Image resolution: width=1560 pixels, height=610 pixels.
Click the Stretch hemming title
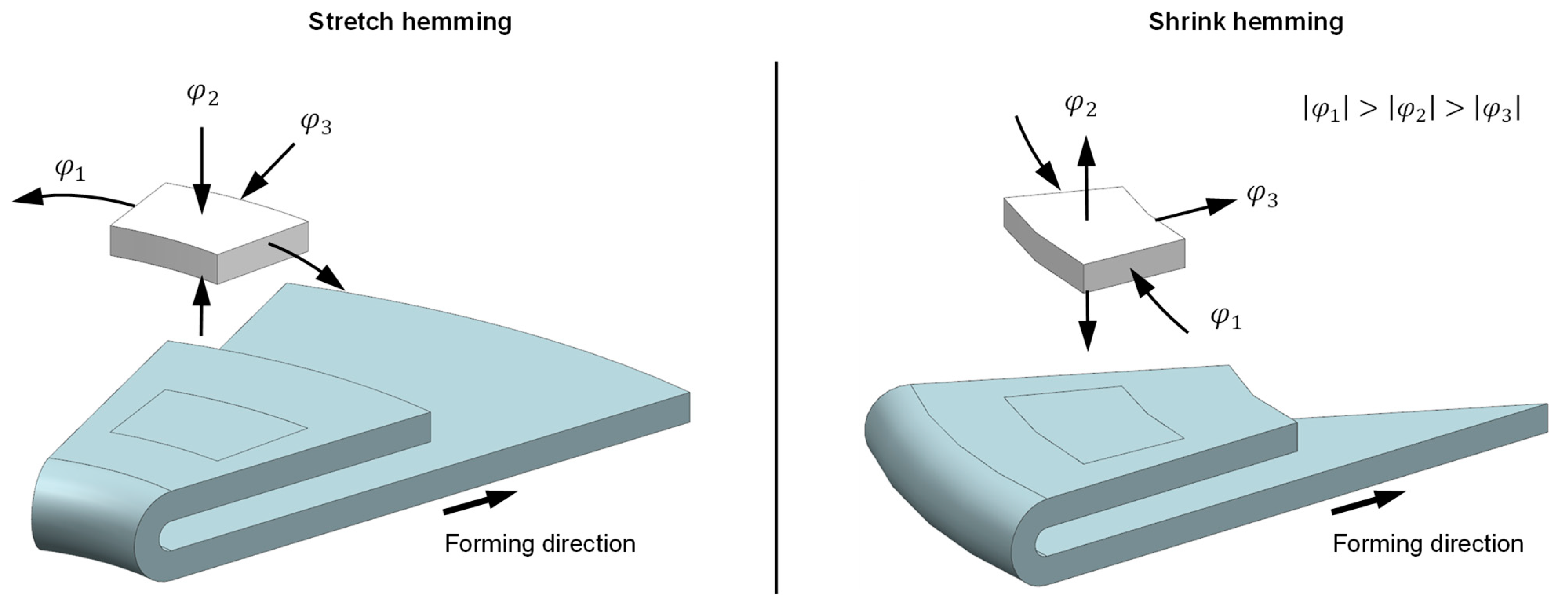[410, 22]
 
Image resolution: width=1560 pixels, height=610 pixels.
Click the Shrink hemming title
[1246, 22]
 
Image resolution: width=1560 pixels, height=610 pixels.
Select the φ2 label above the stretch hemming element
[203, 95]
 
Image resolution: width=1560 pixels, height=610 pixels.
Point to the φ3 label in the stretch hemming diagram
[315, 124]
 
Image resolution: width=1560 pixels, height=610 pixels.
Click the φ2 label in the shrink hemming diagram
[1080, 106]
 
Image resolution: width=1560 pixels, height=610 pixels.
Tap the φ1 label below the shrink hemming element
[1226, 318]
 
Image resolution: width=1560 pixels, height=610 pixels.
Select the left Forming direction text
[540, 543]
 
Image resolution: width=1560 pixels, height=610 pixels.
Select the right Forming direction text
[1428, 543]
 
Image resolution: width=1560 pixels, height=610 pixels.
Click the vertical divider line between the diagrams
[776, 327]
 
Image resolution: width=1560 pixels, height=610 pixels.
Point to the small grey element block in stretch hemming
[209, 233]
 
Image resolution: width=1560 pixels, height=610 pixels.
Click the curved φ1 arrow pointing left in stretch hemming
[73, 197]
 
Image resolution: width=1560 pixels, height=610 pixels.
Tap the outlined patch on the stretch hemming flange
[209, 424]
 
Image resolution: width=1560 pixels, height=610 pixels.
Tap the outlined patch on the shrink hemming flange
[1093, 424]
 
